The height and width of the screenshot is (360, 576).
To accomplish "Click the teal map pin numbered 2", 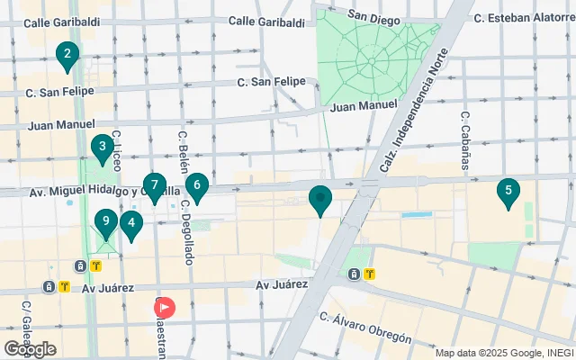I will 66,57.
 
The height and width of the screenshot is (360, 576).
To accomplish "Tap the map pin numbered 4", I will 131,224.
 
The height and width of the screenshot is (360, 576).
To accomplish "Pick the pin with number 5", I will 508,192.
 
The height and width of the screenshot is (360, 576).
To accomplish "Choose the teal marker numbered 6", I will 196,187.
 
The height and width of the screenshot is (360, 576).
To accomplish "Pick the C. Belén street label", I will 183,151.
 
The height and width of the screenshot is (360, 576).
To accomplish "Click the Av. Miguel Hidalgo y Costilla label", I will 99,191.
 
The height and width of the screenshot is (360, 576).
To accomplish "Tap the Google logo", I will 30,349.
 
